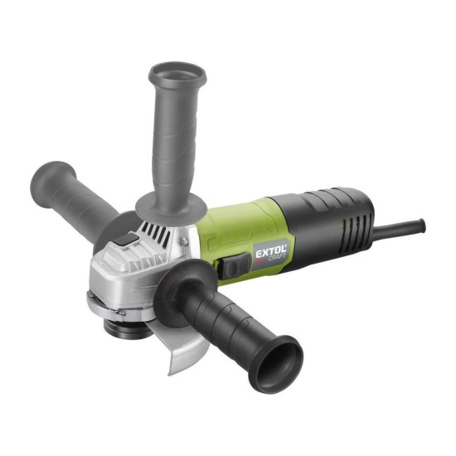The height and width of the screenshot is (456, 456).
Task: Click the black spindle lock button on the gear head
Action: (x=127, y=240)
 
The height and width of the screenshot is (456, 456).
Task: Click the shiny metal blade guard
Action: (x=180, y=346)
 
